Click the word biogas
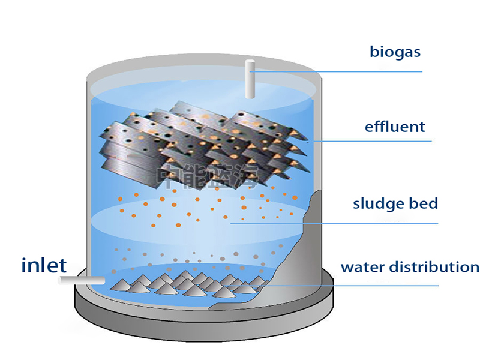(395, 52)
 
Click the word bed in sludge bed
(425, 203)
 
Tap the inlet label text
(44, 265)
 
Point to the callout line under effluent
(372, 142)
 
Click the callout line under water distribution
(360, 286)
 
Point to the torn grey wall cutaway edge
(300, 240)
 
